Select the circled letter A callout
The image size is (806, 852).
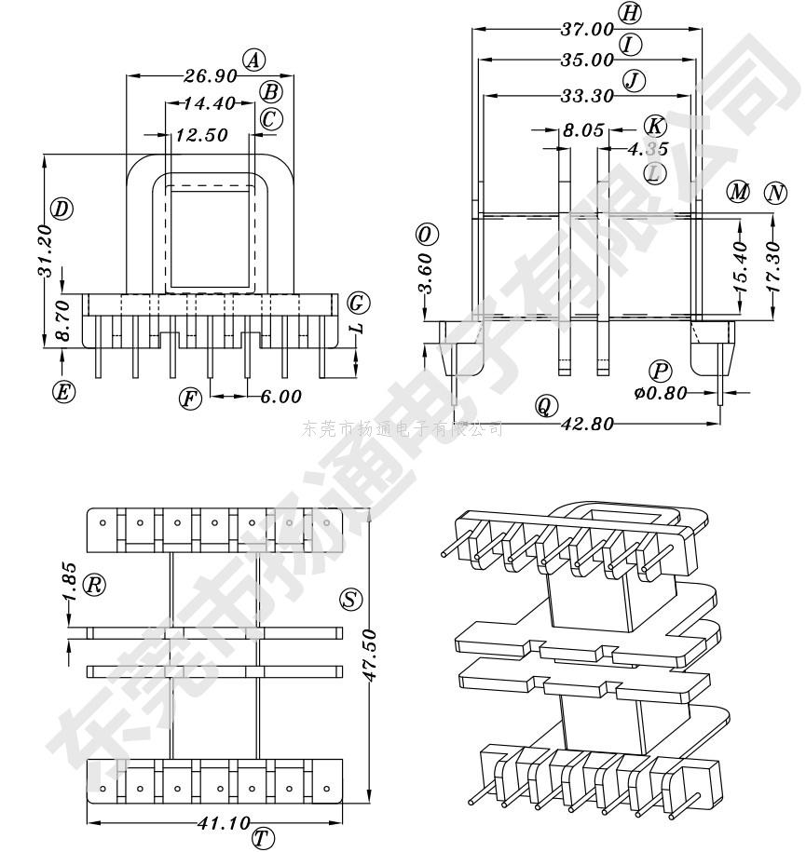coord(253,61)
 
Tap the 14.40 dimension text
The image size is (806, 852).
coord(208,103)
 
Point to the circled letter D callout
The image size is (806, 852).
coord(62,209)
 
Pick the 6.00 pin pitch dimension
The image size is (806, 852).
coord(280,398)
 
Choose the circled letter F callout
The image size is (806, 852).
coord(190,399)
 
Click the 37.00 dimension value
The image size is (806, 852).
coord(586,30)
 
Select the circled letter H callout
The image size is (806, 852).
coord(630,13)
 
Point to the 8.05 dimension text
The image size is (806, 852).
coord(583,131)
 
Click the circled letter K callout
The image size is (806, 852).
coord(655,126)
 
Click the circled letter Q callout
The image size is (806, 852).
coord(546,405)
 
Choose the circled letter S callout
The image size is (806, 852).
coord(351,601)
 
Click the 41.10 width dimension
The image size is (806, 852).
coord(225,823)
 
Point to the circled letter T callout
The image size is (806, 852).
coord(263,838)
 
